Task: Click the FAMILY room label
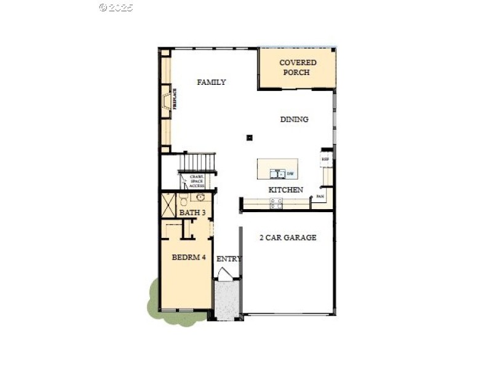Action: point(211,82)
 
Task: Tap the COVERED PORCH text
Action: point(298,68)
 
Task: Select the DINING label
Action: point(294,119)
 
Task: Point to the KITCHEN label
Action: point(285,190)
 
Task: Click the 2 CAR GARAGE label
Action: point(288,237)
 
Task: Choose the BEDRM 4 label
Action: point(188,258)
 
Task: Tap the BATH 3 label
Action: point(192,213)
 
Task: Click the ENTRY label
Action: point(229,259)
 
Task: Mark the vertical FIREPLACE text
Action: point(175,99)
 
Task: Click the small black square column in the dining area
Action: point(249,138)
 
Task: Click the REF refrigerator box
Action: point(326,159)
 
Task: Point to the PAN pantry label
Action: point(320,197)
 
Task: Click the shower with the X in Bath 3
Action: point(169,203)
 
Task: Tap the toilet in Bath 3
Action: point(183,200)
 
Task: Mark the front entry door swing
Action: point(226,276)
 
